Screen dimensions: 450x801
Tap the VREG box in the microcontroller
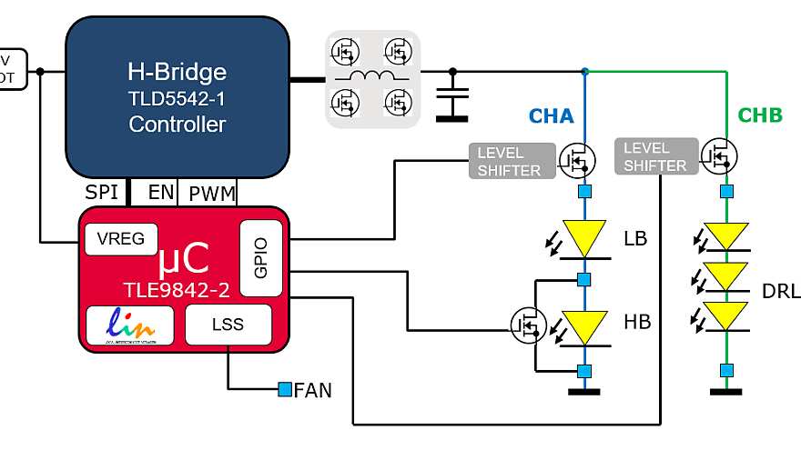click(x=120, y=239)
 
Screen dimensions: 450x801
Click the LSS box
click(x=228, y=324)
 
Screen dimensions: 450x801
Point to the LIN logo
click(x=128, y=325)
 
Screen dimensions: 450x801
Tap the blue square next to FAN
click(x=285, y=390)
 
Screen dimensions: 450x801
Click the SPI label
click(x=102, y=193)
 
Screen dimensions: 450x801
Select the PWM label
click(x=211, y=193)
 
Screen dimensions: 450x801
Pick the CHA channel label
click(x=552, y=116)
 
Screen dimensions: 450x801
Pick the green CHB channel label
click(x=759, y=116)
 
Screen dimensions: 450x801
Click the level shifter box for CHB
click(x=655, y=155)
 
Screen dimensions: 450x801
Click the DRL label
click(x=781, y=292)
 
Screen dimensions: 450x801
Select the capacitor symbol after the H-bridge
click(x=451, y=96)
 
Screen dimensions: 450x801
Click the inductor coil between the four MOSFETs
click(x=371, y=76)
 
